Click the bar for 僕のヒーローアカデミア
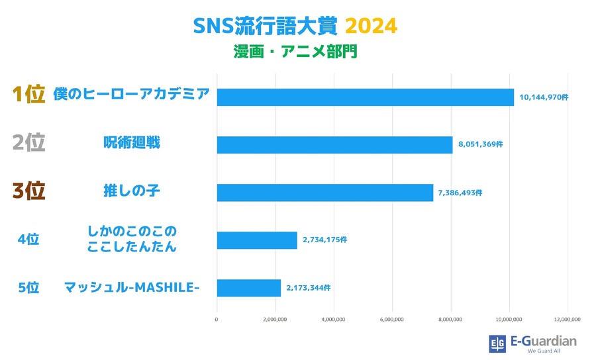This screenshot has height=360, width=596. pyautogui.click(x=365, y=97)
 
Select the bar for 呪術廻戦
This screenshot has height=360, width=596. pyautogui.click(x=334, y=144)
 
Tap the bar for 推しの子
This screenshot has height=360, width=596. pyautogui.click(x=324, y=192)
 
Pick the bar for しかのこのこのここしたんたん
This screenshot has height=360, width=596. pyautogui.click(x=257, y=240)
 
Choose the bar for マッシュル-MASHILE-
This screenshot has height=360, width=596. pyautogui.click(x=249, y=288)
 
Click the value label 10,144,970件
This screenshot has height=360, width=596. pyautogui.click(x=544, y=97)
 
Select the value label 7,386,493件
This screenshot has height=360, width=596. pyautogui.click(x=460, y=193)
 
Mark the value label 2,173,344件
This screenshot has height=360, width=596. pyautogui.click(x=309, y=288)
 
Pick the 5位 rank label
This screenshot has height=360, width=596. pyautogui.click(x=28, y=287)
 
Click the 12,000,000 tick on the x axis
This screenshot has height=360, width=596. pyautogui.click(x=567, y=320)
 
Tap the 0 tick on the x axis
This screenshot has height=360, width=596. pyautogui.click(x=217, y=320)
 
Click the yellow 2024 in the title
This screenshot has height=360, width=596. pyautogui.click(x=371, y=26)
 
